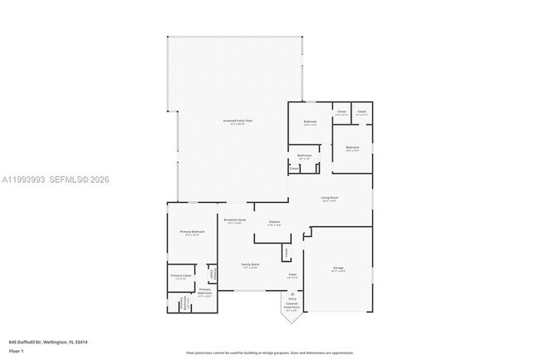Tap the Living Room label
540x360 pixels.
click(x=330, y=198)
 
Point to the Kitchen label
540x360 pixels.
click(x=274, y=222)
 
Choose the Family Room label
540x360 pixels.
click(x=249, y=265)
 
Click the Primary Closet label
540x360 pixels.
click(x=181, y=276)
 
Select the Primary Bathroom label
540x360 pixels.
click(x=204, y=291)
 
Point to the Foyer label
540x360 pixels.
click(x=292, y=274)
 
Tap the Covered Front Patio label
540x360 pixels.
click(x=292, y=308)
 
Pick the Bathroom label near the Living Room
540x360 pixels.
click(x=305, y=156)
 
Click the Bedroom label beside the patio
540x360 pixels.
click(x=310, y=123)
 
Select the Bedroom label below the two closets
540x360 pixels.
click(x=352, y=148)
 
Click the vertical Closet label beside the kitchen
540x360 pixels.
click(x=287, y=251)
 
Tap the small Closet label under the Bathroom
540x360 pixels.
click(x=295, y=169)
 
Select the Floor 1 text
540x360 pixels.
click(x=17, y=351)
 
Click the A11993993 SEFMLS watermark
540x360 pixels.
click(x=55, y=180)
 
